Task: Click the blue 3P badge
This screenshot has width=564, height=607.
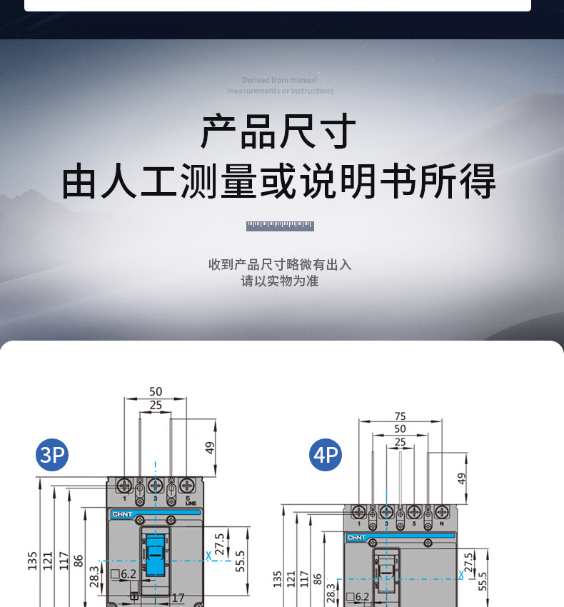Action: [x=52, y=454]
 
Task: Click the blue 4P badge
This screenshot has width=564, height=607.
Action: [x=326, y=454]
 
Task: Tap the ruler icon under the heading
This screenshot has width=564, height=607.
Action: [x=280, y=226]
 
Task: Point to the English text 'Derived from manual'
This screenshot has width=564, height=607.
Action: [x=279, y=81]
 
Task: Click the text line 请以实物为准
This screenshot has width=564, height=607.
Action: [x=280, y=281]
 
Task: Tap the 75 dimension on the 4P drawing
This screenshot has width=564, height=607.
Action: [x=400, y=416]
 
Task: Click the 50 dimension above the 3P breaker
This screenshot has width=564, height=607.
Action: [x=156, y=391]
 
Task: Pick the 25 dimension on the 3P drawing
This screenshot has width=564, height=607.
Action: [x=156, y=405]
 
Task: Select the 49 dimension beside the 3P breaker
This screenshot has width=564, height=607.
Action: [x=210, y=448]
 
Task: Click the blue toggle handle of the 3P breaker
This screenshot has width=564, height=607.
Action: [x=156, y=556]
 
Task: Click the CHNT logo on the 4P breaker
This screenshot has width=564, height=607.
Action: [x=356, y=538]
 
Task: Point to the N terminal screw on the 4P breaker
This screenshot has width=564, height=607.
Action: [x=441, y=511]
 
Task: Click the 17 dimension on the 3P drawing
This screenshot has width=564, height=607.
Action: [x=178, y=598]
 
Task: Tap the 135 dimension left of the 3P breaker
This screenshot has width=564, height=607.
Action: [x=32, y=561]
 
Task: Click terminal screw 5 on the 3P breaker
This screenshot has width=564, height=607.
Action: [x=187, y=485]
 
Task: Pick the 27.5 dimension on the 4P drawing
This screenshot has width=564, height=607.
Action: [x=468, y=563]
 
